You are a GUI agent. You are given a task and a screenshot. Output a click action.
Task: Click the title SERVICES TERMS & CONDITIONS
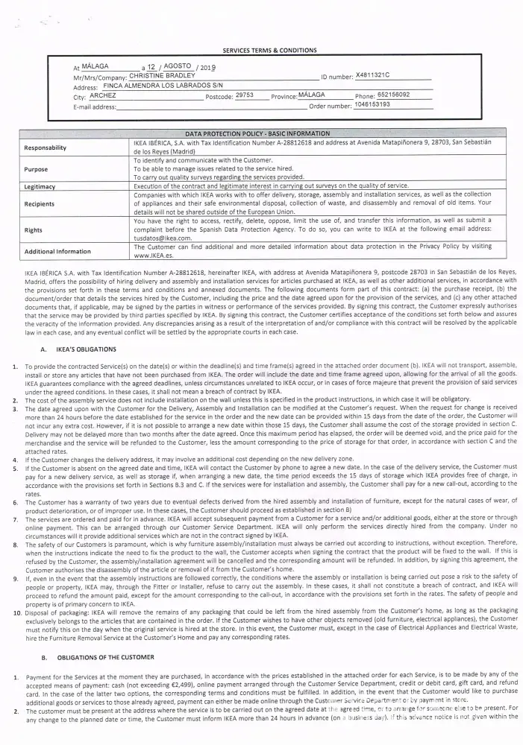(269, 50)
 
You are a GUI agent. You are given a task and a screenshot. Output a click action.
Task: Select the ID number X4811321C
(373, 75)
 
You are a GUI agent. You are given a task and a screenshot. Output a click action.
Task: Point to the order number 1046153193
(372, 104)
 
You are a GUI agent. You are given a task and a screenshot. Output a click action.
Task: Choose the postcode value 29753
(245, 95)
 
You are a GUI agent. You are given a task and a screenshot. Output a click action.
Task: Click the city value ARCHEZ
(103, 96)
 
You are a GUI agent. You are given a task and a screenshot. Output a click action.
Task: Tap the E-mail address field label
(95, 107)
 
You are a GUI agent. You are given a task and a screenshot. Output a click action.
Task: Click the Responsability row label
(46, 148)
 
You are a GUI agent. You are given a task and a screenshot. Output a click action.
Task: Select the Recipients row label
(40, 203)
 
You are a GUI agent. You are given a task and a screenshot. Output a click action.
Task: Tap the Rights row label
(34, 230)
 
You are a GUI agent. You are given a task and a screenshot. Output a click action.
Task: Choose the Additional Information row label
(57, 251)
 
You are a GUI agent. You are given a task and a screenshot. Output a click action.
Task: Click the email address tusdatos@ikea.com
(160, 238)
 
